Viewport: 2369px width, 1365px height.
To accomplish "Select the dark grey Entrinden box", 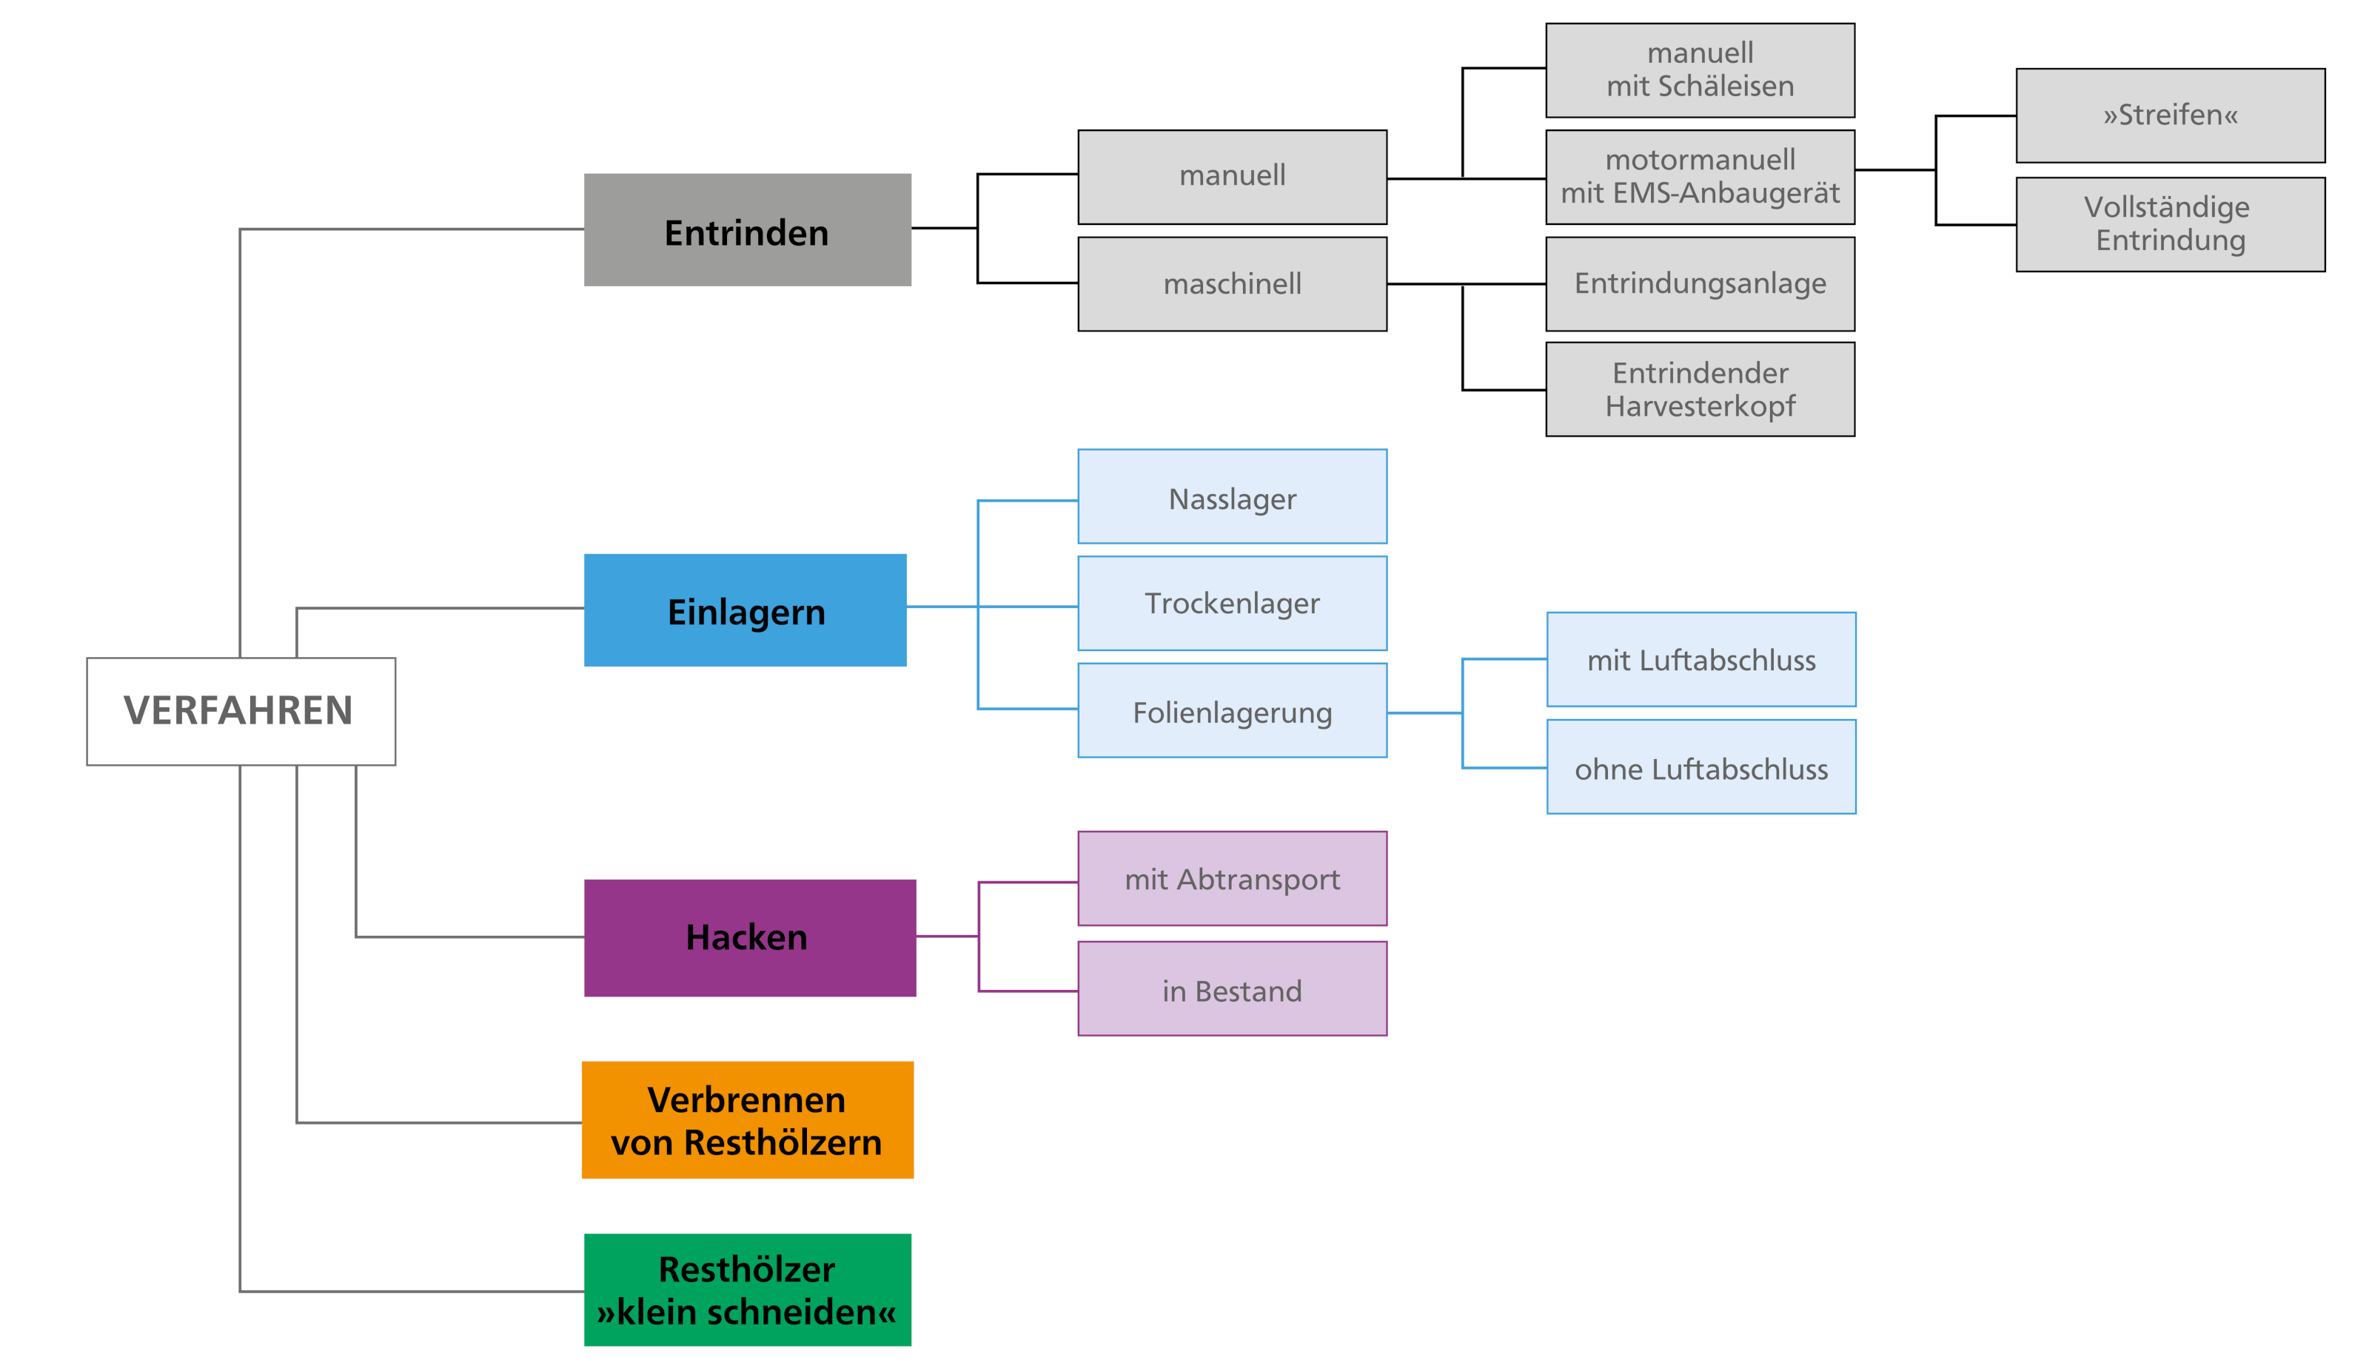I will (x=746, y=229).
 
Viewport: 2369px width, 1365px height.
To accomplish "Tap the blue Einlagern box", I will (x=745, y=610).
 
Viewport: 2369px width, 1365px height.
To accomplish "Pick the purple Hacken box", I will (x=748, y=937).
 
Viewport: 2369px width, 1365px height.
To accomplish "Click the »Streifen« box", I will (x=2169, y=115).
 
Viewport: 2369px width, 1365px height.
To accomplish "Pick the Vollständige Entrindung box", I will (x=2169, y=224).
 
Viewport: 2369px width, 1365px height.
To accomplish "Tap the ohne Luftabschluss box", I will (x=1700, y=767).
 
